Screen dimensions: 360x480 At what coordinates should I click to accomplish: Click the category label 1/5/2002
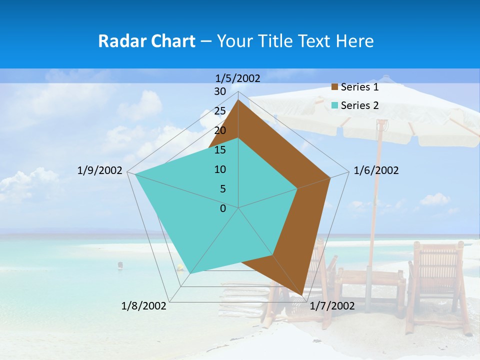click(x=237, y=78)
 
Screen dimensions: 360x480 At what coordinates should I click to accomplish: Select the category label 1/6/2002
click(x=376, y=170)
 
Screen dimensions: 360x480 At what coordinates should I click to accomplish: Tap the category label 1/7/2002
click(x=332, y=306)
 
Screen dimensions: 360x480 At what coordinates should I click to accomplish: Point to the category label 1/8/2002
click(x=144, y=306)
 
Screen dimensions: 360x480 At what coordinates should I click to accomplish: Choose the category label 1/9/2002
click(x=100, y=170)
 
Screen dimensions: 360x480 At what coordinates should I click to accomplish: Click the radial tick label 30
click(x=220, y=91)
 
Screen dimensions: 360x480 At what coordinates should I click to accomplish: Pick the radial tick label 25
click(x=220, y=111)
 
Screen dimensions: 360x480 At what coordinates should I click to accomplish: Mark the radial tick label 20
click(x=220, y=130)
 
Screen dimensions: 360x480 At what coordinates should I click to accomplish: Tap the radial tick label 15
click(x=220, y=150)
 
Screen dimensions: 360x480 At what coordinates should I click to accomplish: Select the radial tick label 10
click(x=220, y=169)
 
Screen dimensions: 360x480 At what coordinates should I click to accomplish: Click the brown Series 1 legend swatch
click(x=335, y=87)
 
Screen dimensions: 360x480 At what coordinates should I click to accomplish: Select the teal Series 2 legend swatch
click(x=335, y=105)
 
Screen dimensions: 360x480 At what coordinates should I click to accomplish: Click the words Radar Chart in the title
click(x=146, y=41)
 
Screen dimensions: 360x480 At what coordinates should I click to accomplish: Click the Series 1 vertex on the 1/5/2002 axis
click(x=238, y=100)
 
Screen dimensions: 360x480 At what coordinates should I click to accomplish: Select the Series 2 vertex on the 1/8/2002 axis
click(x=190, y=273)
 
